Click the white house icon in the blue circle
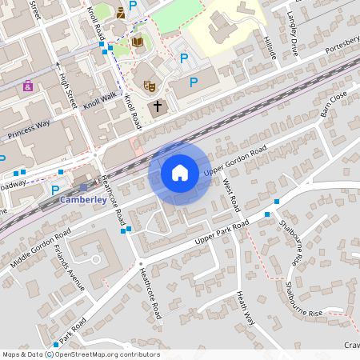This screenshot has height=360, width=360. click(x=180, y=172)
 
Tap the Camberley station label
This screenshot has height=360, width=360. click(x=83, y=200)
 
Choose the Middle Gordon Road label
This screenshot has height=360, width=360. click(x=41, y=247)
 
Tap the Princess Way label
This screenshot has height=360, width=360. click(x=28, y=130)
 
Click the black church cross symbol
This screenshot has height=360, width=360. click(x=157, y=106)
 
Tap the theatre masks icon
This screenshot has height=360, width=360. click(x=148, y=84)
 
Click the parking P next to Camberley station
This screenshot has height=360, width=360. click(x=54, y=190)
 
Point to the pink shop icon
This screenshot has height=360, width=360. click(x=28, y=86)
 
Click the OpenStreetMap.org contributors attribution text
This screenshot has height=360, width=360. click(x=107, y=354)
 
